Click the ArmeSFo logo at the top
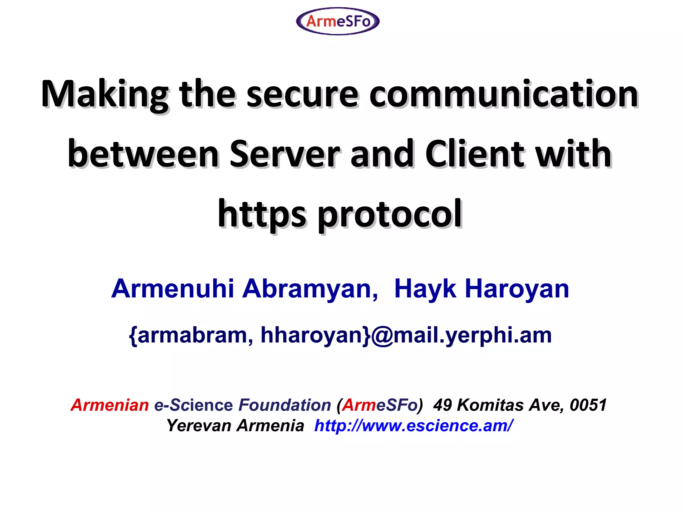(337, 21)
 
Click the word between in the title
(143, 154)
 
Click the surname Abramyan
(310, 289)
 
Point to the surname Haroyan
(517, 289)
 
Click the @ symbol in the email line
(382, 335)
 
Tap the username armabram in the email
(192, 335)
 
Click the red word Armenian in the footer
(110, 405)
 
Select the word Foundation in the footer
(284, 405)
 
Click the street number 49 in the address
(442, 405)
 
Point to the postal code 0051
(588, 405)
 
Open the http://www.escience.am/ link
(413, 426)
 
